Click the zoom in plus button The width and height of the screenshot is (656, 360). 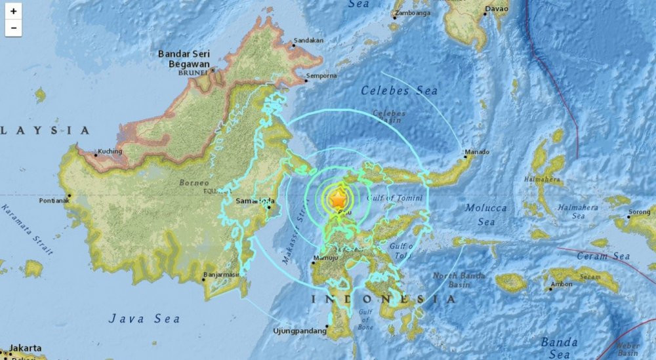click(13, 11)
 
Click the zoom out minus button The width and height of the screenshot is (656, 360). click(13, 28)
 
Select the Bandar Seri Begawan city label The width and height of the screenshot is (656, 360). click(184, 59)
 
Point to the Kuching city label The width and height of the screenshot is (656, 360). click(110, 152)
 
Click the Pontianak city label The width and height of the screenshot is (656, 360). click(53, 200)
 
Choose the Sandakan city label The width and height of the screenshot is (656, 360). click(308, 40)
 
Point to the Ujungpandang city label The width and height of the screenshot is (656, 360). click(299, 331)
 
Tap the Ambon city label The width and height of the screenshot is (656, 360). click(562, 284)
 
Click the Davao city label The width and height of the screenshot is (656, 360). click(496, 9)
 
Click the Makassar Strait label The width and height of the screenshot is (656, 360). click(293, 236)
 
